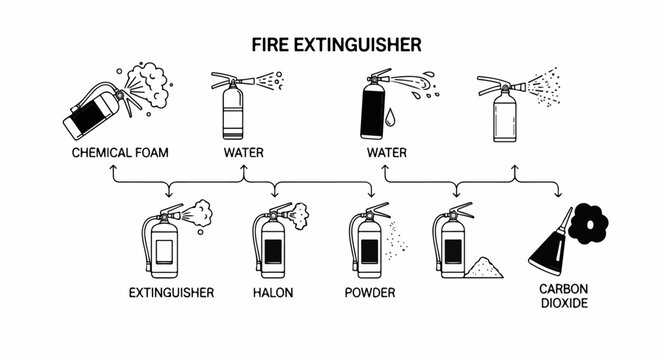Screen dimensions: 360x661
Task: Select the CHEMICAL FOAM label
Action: coord(120,153)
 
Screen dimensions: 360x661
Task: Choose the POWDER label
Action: coord(370,293)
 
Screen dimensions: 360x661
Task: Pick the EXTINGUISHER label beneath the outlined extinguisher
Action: coord(172,293)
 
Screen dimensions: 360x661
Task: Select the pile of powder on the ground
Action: coord(488,268)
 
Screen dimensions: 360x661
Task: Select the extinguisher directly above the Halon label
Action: coord(271,245)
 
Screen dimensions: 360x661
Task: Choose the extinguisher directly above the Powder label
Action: coord(366,245)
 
